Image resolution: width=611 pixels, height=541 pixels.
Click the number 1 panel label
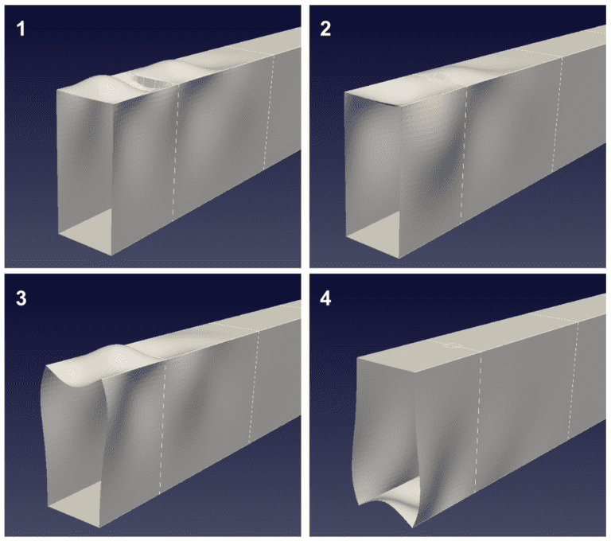pyautogui.click(x=21, y=29)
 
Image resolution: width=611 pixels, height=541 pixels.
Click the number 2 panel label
pyautogui.click(x=325, y=29)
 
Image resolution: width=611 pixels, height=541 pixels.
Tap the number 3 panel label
pyautogui.click(x=21, y=298)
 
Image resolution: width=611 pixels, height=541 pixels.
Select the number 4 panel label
pyautogui.click(x=325, y=298)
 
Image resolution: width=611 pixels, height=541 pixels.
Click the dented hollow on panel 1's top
pyautogui.click(x=150, y=80)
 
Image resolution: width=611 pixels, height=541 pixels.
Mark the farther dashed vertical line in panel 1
pyautogui.click(x=268, y=112)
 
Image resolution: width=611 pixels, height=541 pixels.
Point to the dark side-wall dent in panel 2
pyautogui.click(x=442, y=172)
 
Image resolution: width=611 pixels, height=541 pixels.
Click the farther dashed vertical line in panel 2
pyautogui.click(x=557, y=115)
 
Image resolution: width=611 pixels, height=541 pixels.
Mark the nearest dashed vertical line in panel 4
pyautogui.click(x=478, y=421)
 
